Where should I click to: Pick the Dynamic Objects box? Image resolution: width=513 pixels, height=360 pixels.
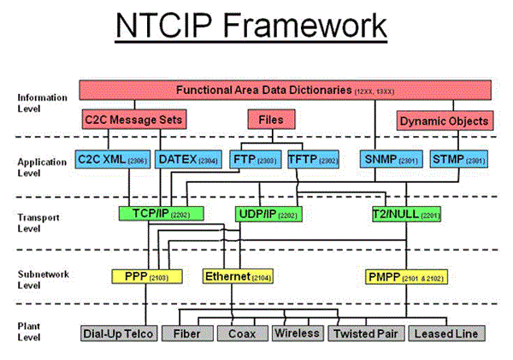pyautogui.click(x=445, y=121)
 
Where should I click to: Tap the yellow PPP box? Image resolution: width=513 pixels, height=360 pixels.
pyautogui.click(x=136, y=276)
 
